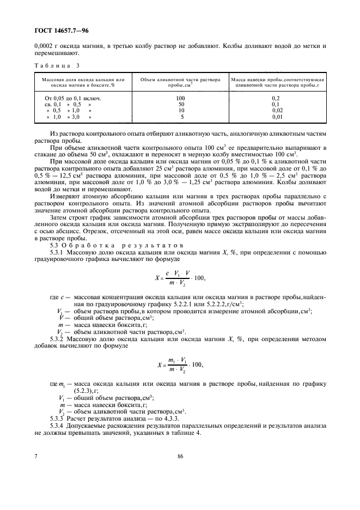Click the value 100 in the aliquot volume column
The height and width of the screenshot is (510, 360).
[181, 98]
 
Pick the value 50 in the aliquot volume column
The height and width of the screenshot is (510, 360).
[181, 104]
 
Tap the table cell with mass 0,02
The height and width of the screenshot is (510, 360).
[278, 110]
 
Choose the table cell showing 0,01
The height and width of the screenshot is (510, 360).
[278, 117]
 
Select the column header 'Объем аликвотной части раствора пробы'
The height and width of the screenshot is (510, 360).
[181, 82]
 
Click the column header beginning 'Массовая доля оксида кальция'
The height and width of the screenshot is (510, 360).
[80, 82]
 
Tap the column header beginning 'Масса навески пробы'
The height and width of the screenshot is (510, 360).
[278, 82]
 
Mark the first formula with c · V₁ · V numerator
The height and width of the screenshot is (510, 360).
[180, 278]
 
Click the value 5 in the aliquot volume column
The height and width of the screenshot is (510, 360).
[181, 117]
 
